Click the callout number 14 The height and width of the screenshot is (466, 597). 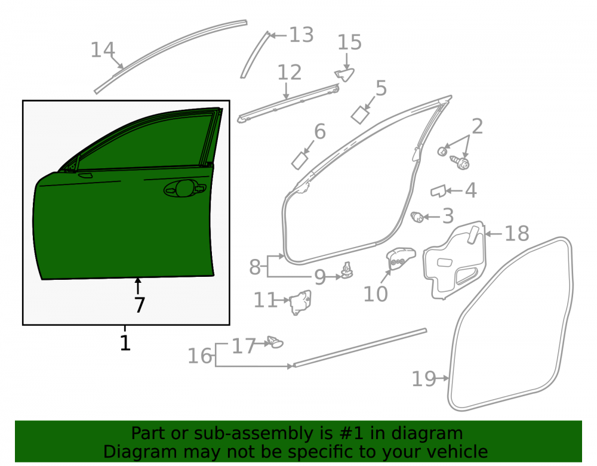[103, 50]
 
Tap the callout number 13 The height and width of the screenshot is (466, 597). [301, 35]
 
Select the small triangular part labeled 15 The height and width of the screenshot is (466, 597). [345, 75]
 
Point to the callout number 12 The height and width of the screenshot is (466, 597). [290, 72]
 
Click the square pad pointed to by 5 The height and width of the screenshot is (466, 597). [360, 115]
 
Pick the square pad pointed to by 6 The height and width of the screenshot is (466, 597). [301, 160]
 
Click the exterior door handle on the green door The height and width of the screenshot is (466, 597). [184, 189]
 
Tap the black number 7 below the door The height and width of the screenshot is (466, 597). [140, 305]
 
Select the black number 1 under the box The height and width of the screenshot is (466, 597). [125, 342]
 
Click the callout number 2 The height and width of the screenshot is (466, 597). [477, 126]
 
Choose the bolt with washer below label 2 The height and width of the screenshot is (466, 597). [460, 162]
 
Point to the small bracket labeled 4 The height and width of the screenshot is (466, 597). [438, 191]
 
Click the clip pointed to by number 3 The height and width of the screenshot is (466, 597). [417, 217]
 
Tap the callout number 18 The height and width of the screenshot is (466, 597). [516, 233]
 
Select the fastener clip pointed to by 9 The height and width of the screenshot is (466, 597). [346, 270]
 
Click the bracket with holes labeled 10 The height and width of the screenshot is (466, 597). [400, 258]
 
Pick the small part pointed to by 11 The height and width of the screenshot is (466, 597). [301, 303]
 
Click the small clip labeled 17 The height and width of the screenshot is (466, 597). [275, 342]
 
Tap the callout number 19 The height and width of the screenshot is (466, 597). [424, 378]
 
